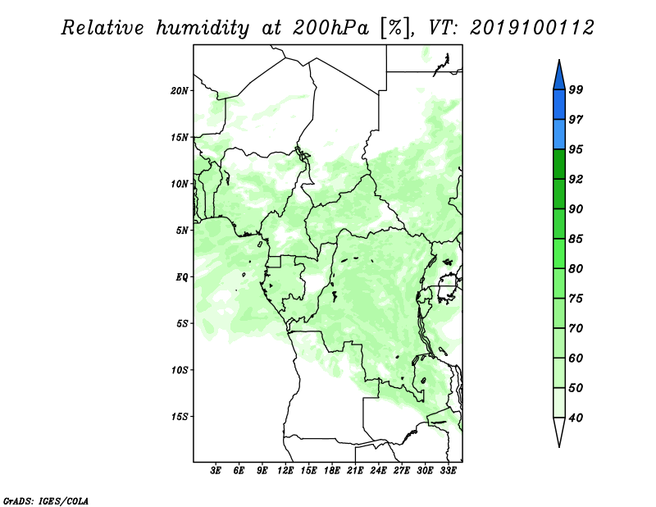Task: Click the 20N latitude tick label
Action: [x=180, y=91]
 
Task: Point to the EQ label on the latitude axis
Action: [x=181, y=277]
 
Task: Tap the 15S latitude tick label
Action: [x=180, y=417]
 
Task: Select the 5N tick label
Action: [x=182, y=231]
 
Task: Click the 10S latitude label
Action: [x=180, y=370]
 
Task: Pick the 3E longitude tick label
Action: [x=216, y=471]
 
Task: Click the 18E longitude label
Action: [x=332, y=471]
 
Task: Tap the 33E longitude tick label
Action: [x=448, y=471]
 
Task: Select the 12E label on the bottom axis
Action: [x=285, y=471]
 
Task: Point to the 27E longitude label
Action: [x=402, y=471]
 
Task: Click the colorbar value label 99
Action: [x=576, y=89]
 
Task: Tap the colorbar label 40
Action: [x=576, y=418]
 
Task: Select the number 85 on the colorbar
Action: [x=576, y=239]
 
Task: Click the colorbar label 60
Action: [x=576, y=359]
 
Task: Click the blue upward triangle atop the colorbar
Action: [x=559, y=75]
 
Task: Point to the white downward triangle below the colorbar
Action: [x=559, y=432]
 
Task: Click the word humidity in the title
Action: [x=203, y=28]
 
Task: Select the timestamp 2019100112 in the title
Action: [x=531, y=28]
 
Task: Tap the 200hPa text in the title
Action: [x=330, y=28]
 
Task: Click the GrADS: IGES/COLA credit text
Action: [x=46, y=500]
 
